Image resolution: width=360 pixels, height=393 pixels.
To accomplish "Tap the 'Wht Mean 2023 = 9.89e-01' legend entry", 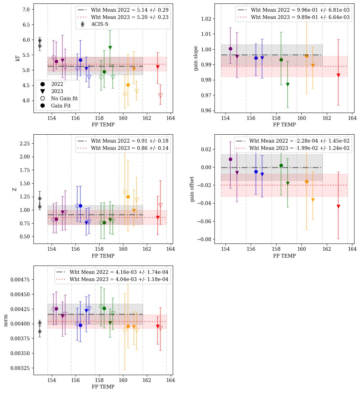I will (300, 17).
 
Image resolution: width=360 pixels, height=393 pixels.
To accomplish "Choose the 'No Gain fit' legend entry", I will (64, 99).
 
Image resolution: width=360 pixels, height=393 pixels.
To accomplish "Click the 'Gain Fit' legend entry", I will (61, 106).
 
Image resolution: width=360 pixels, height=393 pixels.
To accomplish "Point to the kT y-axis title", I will (18, 58).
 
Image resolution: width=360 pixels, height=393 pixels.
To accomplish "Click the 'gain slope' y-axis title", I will (196, 58).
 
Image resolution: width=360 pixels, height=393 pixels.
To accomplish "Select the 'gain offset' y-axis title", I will (192, 189).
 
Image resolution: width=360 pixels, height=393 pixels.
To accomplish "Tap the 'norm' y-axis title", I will (6, 320).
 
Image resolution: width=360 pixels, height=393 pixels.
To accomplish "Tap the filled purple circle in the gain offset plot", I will (230, 159).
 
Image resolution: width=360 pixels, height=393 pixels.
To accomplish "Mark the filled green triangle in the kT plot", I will (110, 48).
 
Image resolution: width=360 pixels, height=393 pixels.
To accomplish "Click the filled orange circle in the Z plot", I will (128, 197).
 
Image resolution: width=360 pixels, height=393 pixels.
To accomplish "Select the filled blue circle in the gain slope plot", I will (256, 58).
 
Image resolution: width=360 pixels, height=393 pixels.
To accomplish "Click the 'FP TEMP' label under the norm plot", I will (103, 386).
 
